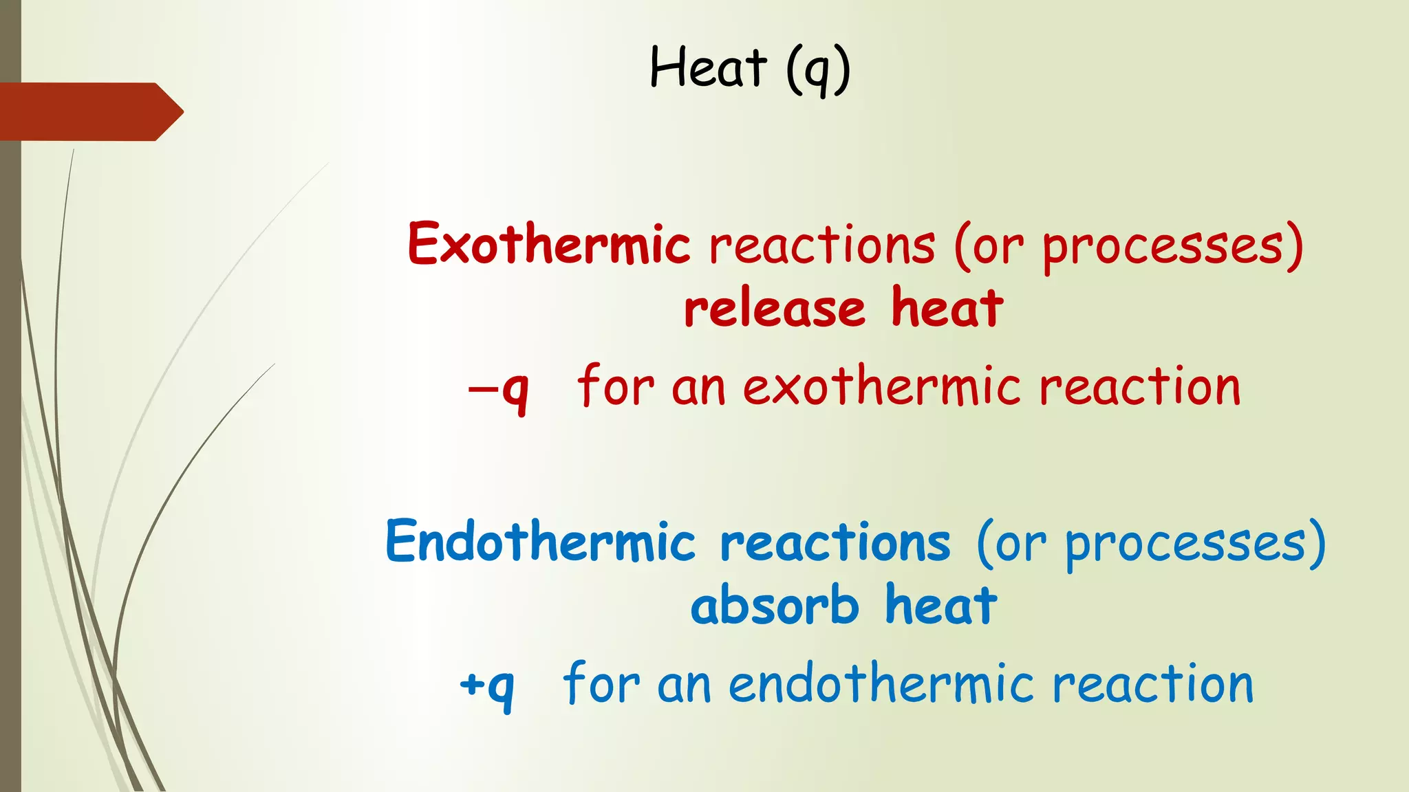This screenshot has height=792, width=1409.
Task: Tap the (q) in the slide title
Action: [x=818, y=69]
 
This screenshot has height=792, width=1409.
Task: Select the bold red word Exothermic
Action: [x=548, y=244]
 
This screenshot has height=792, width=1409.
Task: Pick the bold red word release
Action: [x=774, y=309]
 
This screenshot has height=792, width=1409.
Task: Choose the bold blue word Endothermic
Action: [x=541, y=542]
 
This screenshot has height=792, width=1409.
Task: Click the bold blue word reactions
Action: [x=835, y=542]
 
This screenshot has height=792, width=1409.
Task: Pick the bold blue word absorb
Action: [x=775, y=606]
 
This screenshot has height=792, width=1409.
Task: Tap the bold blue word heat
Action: [x=941, y=606]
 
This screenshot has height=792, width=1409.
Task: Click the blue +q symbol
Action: [x=487, y=686]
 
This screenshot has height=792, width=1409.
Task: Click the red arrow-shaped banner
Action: [x=89, y=111]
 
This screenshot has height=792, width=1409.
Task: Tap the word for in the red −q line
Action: [x=615, y=386]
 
